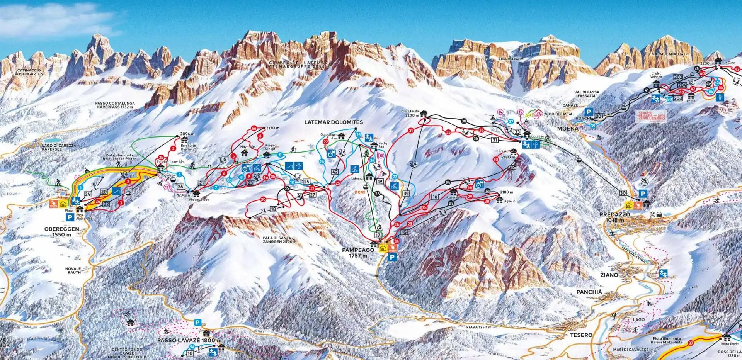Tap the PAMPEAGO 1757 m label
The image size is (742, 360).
[358, 253]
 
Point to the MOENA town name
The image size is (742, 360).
[568, 128]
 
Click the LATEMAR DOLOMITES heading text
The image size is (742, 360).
[334, 122]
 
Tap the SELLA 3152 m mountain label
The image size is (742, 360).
[511, 59]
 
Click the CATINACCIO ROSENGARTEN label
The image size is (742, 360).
[26, 73]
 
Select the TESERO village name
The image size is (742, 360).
[581, 335]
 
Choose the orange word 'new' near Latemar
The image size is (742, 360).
[360, 192]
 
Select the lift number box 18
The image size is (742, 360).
[274, 209]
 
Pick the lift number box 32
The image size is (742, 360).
[406, 194]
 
